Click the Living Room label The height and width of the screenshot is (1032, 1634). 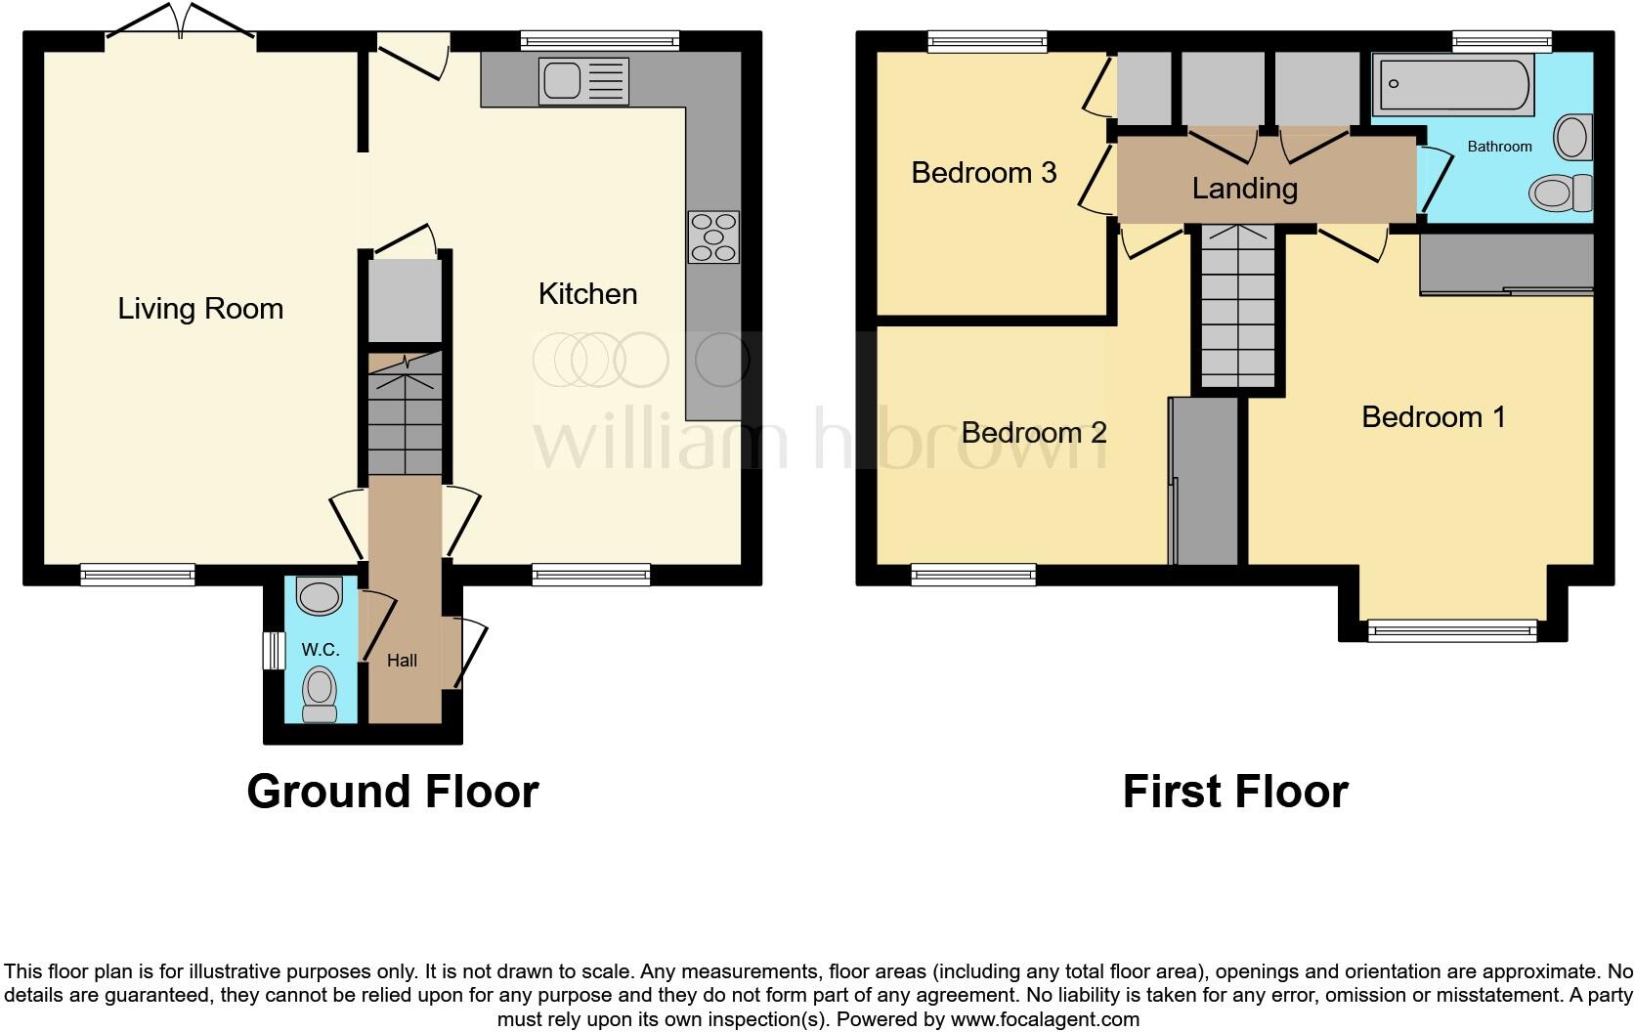click(x=200, y=309)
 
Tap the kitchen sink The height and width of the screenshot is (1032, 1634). click(x=583, y=81)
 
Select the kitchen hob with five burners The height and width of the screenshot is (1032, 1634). click(x=713, y=237)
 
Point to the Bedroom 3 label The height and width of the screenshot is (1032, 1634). click(x=983, y=173)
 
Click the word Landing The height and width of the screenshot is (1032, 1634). click(x=1244, y=188)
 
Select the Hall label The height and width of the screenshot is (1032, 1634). click(x=402, y=661)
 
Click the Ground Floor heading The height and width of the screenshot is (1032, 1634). click(x=392, y=791)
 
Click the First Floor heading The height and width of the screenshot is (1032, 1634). click(x=1235, y=791)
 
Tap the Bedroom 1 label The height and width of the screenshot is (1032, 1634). click(x=1433, y=417)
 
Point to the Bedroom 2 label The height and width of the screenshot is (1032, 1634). click(x=1034, y=433)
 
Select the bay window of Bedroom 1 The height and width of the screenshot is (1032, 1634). click(x=1451, y=631)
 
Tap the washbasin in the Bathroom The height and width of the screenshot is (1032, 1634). click(x=1572, y=137)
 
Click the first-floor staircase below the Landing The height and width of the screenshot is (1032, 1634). click(x=1237, y=308)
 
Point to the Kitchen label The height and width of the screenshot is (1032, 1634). click(x=587, y=294)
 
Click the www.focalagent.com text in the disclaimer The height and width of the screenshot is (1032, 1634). click(x=1045, y=1019)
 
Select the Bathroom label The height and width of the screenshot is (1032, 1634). click(x=1499, y=147)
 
